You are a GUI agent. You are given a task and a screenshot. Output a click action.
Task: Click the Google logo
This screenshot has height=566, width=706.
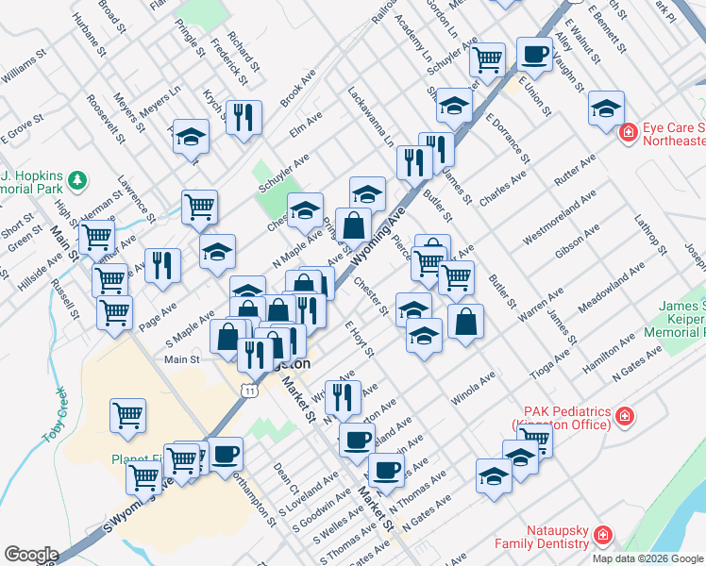pos(31,555)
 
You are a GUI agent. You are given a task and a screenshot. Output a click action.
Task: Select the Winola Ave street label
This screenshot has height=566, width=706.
pos(473,388)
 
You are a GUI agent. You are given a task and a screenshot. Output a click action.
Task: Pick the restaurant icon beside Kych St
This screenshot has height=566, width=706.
pos(244,117)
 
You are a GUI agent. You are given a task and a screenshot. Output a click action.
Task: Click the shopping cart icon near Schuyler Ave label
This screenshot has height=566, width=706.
pos(488,58)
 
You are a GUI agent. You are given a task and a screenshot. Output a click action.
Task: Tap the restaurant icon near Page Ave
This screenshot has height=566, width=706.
pos(162,265)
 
